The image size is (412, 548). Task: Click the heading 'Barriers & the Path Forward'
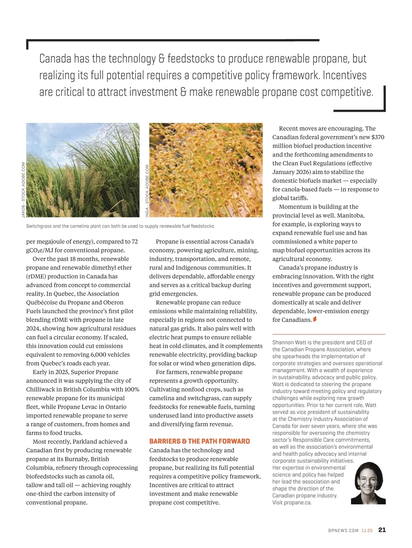click(x=199, y=441)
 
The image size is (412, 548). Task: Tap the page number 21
click(x=382, y=530)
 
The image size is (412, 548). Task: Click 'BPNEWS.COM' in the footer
click(x=343, y=531)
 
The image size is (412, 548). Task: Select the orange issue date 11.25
click(x=367, y=531)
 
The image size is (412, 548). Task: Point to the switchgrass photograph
click(x=83, y=170)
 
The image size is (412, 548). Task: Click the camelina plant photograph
click(x=206, y=170)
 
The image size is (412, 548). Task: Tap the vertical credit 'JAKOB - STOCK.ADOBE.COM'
click(x=23, y=190)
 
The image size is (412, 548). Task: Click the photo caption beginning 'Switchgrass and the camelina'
click(x=121, y=226)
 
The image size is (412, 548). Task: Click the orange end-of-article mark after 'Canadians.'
click(x=315, y=319)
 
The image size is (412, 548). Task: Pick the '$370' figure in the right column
click(x=378, y=137)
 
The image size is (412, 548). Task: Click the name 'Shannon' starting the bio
click(x=283, y=343)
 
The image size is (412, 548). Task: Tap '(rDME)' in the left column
click(x=37, y=276)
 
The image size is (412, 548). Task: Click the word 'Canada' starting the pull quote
click(x=55, y=59)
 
